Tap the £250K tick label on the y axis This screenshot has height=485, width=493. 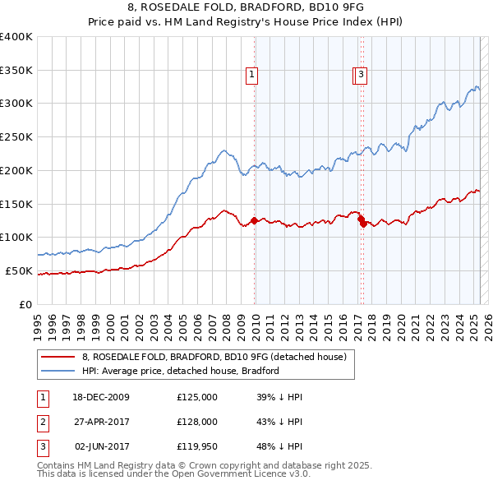pyautogui.click(x=16, y=136)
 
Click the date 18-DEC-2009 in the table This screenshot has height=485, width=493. pyautogui.click(x=101, y=397)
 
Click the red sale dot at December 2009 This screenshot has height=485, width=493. pyautogui.click(x=255, y=220)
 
